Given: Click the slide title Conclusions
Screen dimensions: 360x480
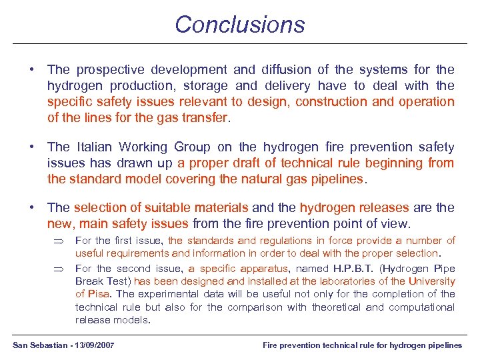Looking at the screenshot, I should [239, 25].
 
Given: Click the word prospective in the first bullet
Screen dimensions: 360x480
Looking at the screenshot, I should [107, 69].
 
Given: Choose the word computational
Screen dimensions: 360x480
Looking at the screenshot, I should [422, 307].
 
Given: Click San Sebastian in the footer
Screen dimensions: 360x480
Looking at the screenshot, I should [41, 345].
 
